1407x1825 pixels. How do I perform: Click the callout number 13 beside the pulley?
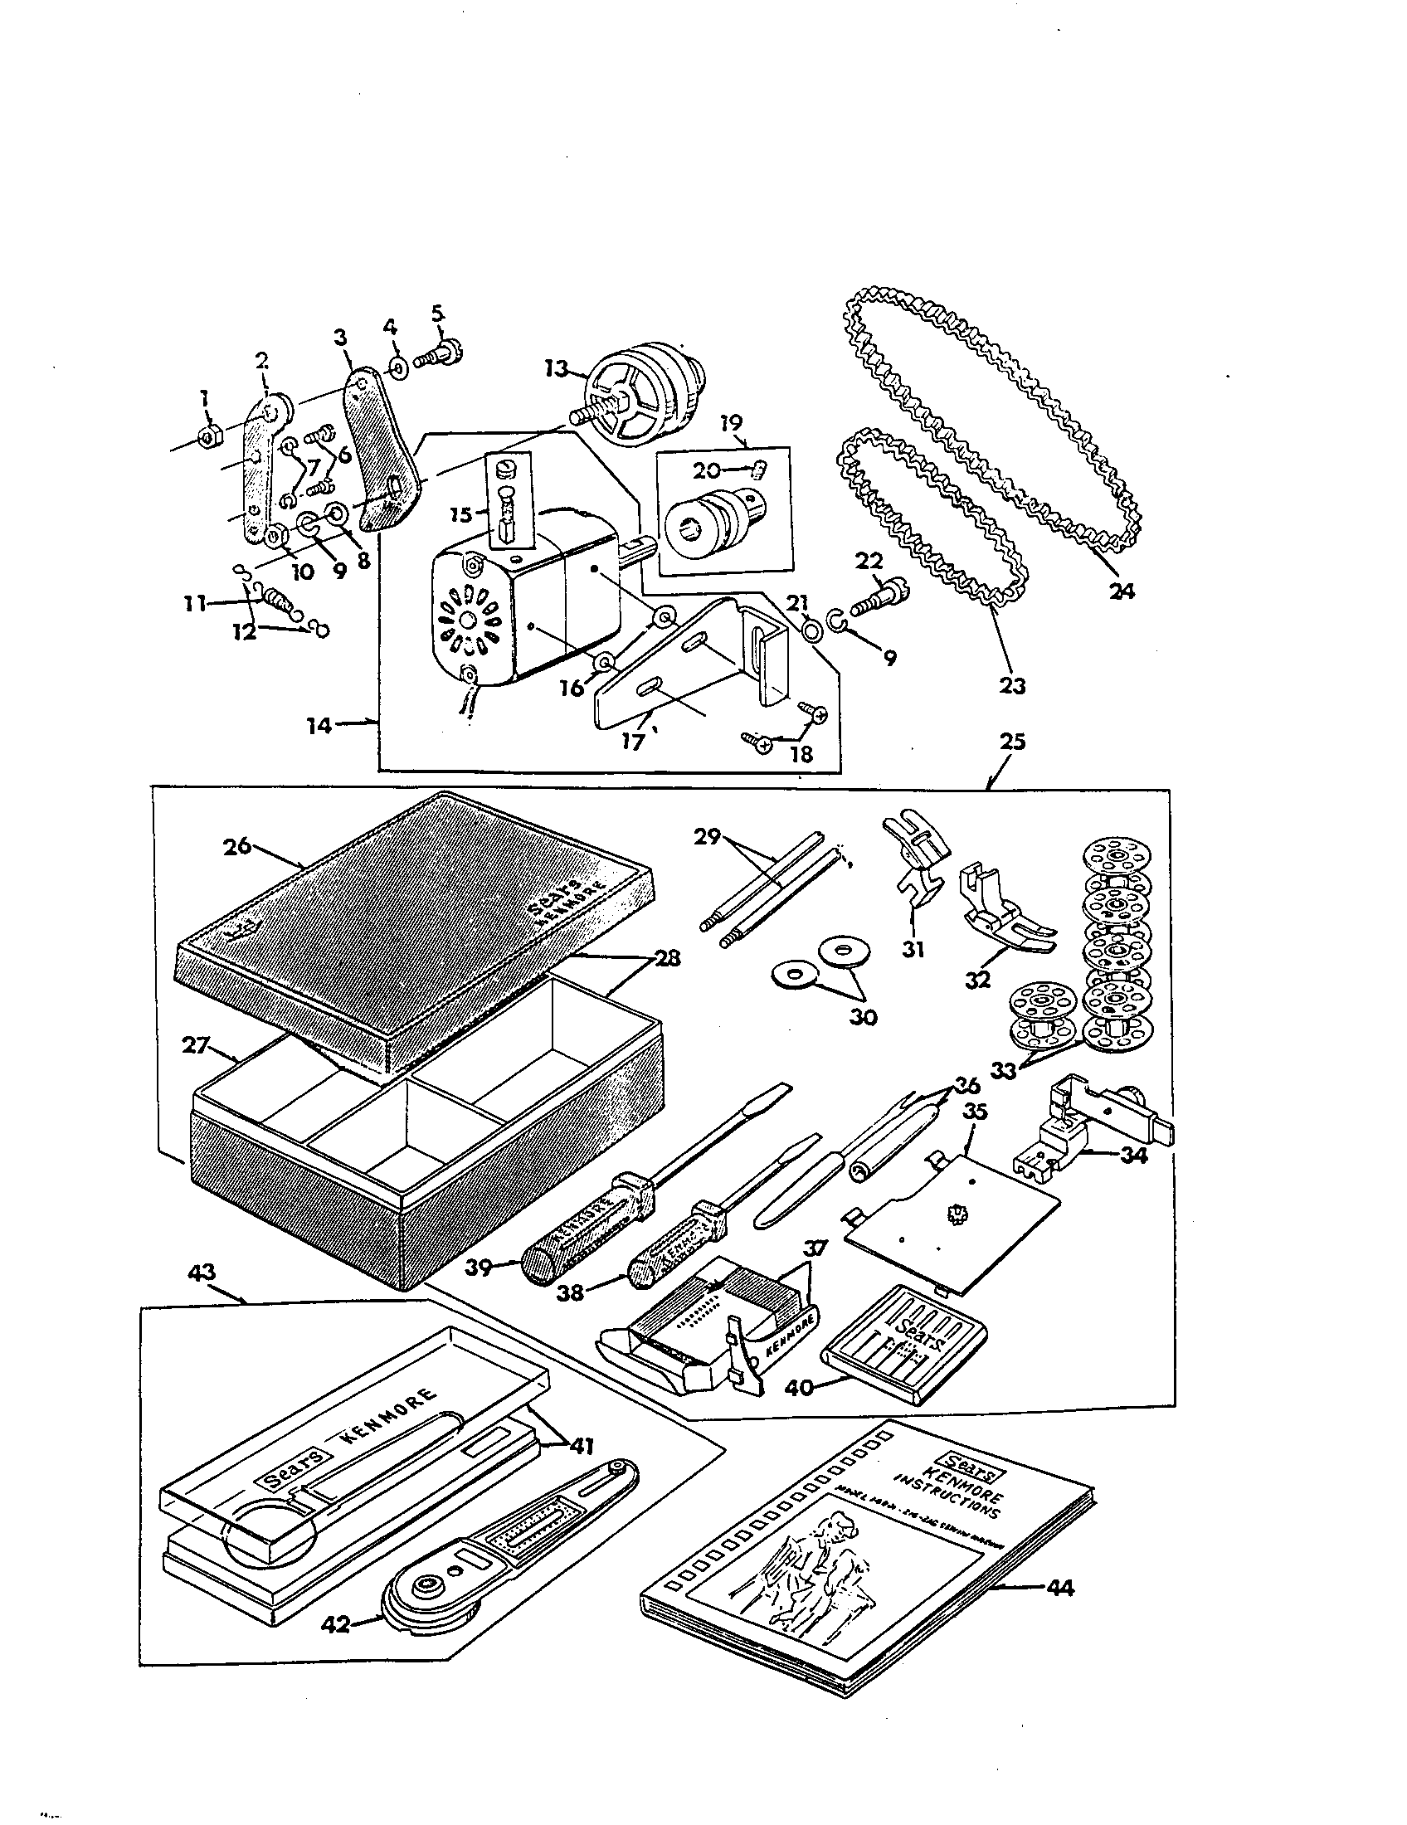(x=557, y=368)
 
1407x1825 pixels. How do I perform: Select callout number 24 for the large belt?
(x=1122, y=590)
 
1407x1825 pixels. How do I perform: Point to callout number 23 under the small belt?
(x=1012, y=685)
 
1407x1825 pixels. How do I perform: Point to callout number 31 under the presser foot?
(x=913, y=949)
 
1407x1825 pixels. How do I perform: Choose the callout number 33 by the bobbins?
(x=1004, y=1069)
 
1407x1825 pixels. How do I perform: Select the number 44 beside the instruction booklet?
(x=1059, y=1588)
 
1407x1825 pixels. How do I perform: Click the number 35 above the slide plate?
(x=975, y=1112)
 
